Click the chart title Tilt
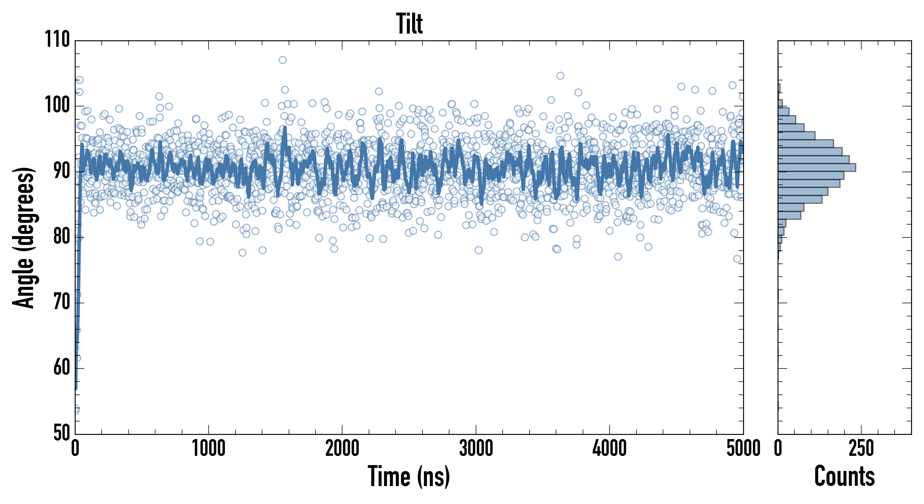[x=409, y=24]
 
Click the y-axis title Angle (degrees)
[x=24, y=237]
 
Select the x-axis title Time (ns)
[x=409, y=476]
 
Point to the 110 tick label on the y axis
[x=57, y=39]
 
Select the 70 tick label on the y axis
[x=62, y=302]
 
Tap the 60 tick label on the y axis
[x=62, y=368]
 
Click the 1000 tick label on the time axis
[x=208, y=448]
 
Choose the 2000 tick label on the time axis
[x=342, y=448]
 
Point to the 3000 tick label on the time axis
[x=476, y=448]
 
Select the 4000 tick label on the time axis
[x=610, y=448]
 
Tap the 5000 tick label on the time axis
[x=743, y=448]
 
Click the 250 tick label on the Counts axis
[x=861, y=448]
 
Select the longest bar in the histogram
[x=817, y=167]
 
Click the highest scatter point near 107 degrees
[x=283, y=60]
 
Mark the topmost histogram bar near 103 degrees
[x=779, y=88]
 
